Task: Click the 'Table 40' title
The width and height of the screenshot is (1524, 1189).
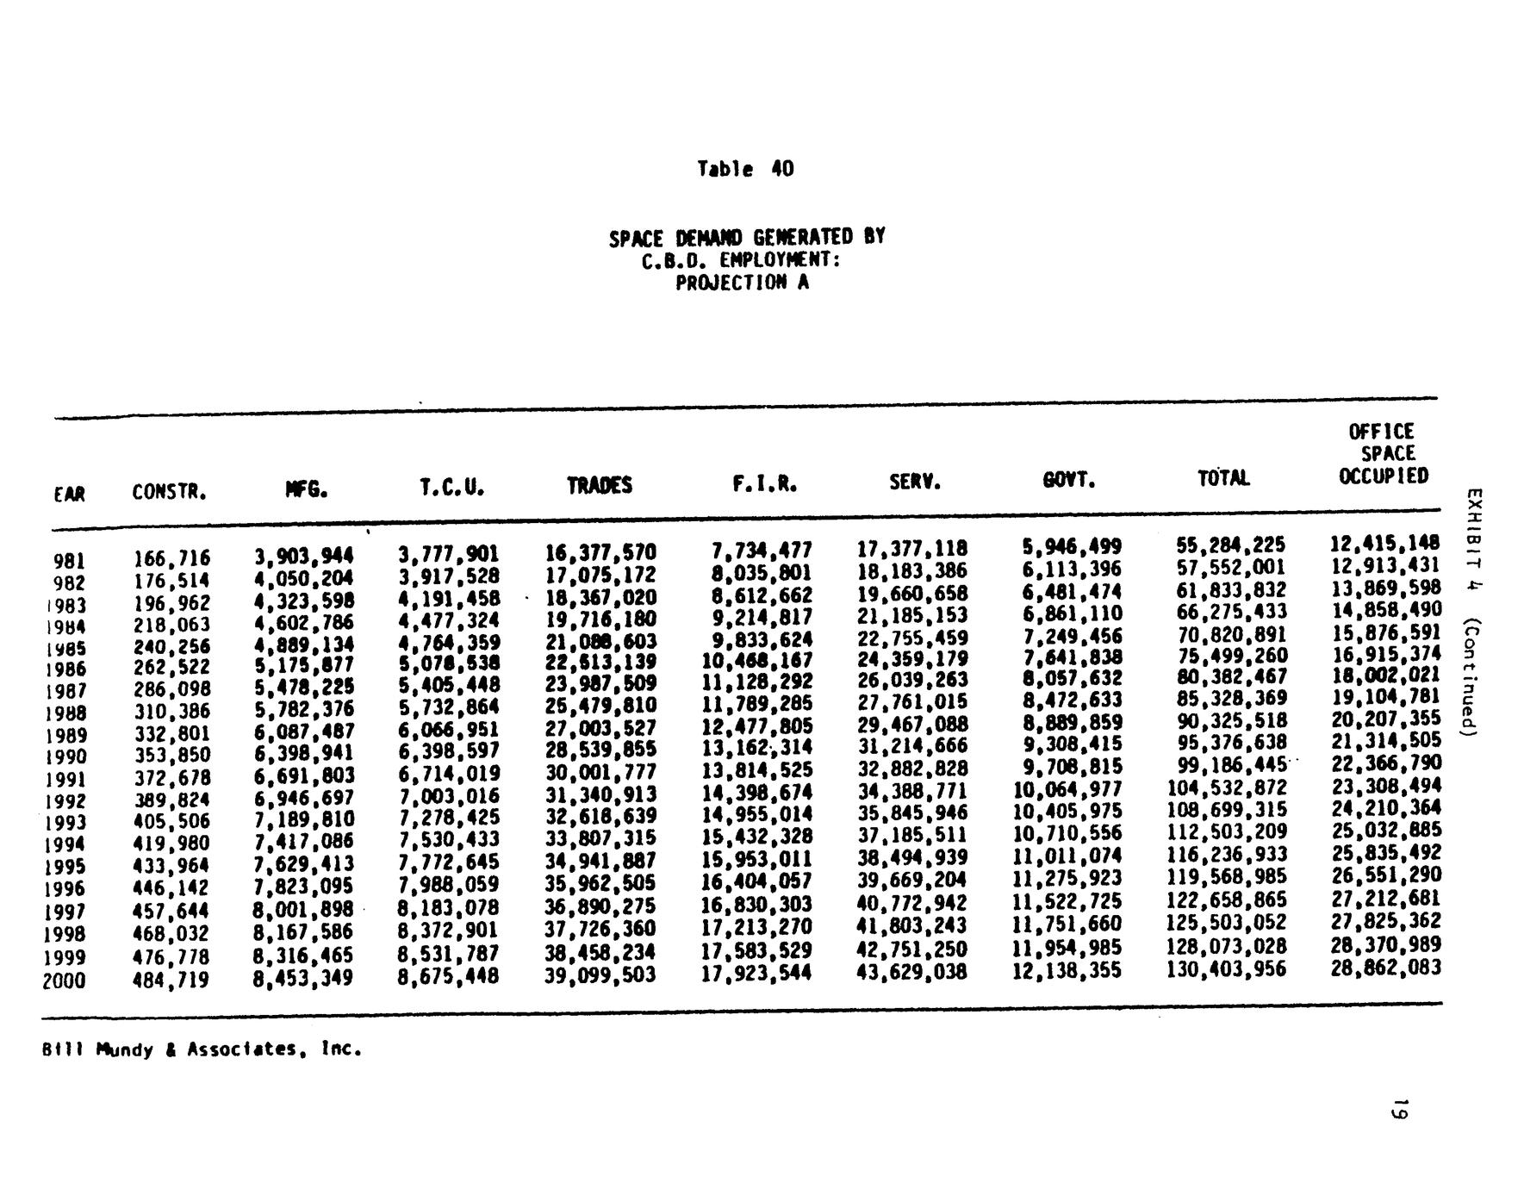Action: [x=745, y=169]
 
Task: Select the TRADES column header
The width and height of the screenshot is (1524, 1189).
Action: [x=600, y=486]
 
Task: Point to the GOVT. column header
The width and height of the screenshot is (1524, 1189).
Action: [x=1069, y=481]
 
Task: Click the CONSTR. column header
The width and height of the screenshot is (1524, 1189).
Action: [x=170, y=492]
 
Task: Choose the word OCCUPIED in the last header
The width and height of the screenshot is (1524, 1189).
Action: [x=1384, y=476]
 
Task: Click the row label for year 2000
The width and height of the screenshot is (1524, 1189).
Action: [x=65, y=980]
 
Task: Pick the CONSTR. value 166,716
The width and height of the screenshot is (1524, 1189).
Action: [x=171, y=558]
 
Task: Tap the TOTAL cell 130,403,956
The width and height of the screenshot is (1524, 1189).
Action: [x=1226, y=969]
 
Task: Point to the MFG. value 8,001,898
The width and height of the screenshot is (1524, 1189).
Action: [x=303, y=910]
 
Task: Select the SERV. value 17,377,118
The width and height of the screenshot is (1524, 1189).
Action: [x=912, y=548]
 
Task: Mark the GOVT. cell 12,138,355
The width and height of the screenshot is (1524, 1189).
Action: [x=1067, y=971]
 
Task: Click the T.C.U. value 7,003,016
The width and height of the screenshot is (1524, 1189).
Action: [x=449, y=795]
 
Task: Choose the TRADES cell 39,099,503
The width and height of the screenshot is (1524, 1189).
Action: [x=600, y=974]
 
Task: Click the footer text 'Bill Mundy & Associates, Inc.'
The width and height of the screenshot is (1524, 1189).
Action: [x=202, y=1049]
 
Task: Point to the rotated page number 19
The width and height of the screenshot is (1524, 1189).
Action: [x=1400, y=1109]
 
